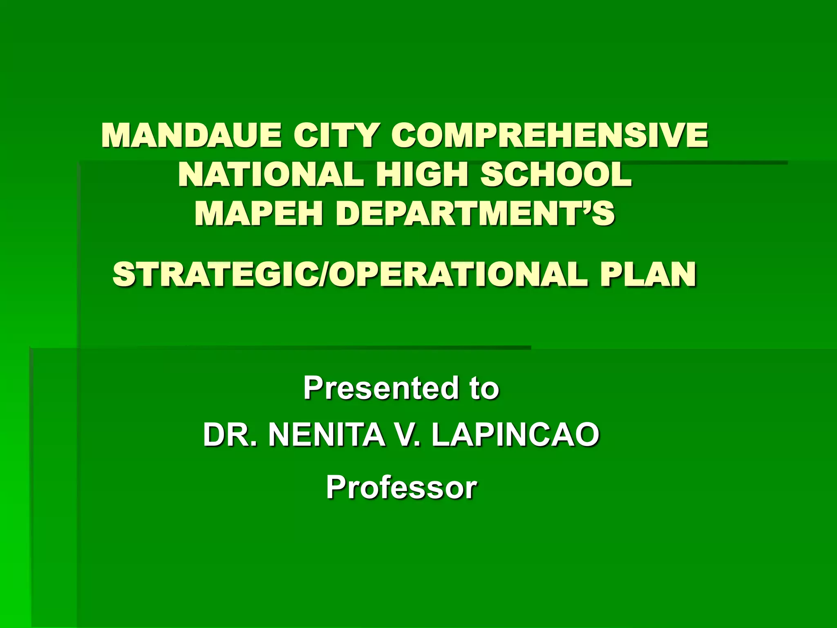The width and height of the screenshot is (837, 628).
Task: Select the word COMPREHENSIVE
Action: (x=549, y=135)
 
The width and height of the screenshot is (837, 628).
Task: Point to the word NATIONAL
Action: (x=271, y=175)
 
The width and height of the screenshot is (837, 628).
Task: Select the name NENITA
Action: (x=326, y=435)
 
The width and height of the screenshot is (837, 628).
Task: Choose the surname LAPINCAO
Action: (x=515, y=435)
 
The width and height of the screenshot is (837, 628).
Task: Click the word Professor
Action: (x=401, y=487)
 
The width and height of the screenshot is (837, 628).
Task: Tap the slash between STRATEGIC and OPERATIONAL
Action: (x=323, y=274)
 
